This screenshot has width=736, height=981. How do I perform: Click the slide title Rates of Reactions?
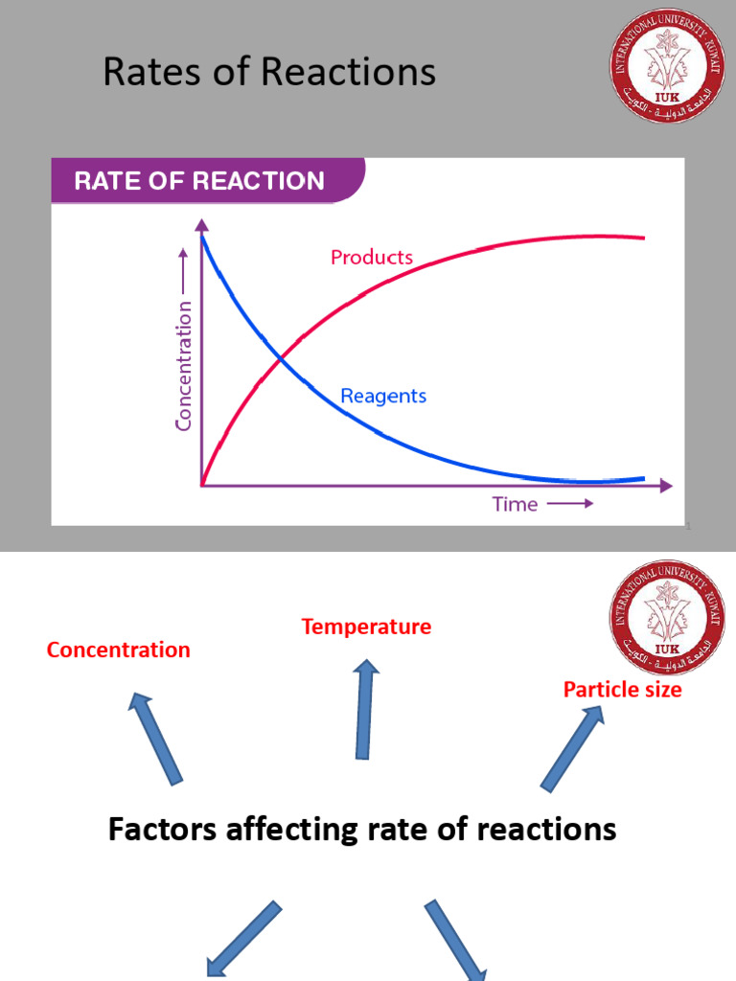[x=269, y=73]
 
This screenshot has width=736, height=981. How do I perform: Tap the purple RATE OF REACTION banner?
[x=200, y=181]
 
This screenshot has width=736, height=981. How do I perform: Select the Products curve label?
[x=372, y=258]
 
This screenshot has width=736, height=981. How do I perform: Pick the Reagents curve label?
[x=383, y=396]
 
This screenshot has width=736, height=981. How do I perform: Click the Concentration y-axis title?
[x=184, y=365]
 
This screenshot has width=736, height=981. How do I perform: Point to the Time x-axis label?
[x=515, y=504]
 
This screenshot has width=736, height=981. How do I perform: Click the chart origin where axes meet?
[x=202, y=486]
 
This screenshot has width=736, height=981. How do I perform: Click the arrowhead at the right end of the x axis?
[x=666, y=486]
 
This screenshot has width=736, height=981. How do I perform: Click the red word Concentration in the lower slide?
[x=119, y=650]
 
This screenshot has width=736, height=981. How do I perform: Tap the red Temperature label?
[x=366, y=627]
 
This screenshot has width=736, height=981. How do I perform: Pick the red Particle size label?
[x=622, y=690]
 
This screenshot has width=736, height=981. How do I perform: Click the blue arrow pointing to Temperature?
[x=365, y=709]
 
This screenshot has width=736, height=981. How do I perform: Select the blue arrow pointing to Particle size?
[x=572, y=748]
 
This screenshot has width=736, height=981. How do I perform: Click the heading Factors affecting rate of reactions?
[x=362, y=829]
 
